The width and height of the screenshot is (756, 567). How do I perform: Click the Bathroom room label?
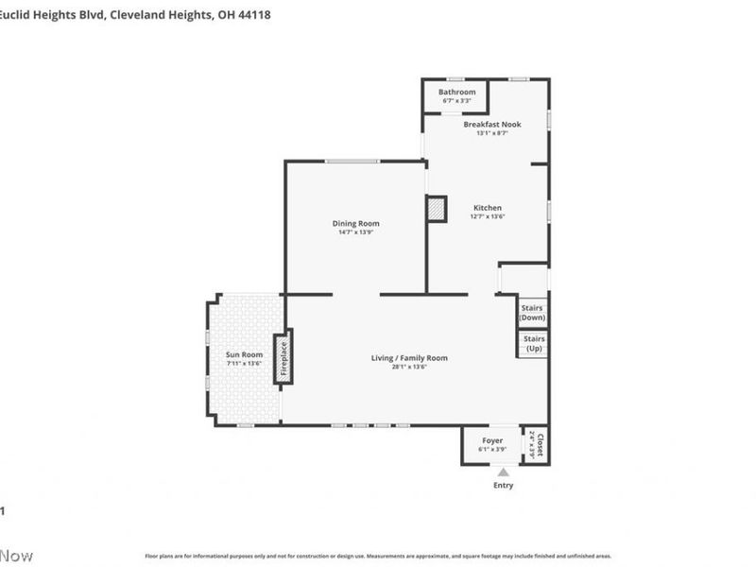coord(456,92)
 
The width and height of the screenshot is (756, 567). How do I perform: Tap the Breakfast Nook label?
coord(491,124)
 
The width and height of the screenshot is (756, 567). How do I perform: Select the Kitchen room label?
coord(487,208)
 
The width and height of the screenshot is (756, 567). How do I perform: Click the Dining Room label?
coord(356,223)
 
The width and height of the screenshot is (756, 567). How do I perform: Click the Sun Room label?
coord(244,354)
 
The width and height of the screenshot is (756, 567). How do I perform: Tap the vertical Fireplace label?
coord(283,357)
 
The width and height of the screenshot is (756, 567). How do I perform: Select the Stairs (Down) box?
coord(533,313)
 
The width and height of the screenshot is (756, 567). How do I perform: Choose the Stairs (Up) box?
coord(533,343)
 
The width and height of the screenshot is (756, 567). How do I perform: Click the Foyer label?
coord(492,439)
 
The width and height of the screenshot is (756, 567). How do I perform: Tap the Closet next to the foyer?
coord(537,444)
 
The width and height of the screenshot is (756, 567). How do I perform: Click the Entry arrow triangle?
coord(504,472)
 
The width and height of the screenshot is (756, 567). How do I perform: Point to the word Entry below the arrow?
coord(504,486)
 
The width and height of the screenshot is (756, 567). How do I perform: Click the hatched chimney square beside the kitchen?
coord(437,209)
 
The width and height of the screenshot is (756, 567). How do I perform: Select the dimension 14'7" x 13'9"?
coord(356,232)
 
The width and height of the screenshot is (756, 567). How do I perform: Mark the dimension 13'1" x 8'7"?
coord(491,133)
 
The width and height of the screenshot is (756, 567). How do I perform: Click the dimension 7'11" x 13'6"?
coord(244,363)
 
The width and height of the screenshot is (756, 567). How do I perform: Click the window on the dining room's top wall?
coord(353,161)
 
